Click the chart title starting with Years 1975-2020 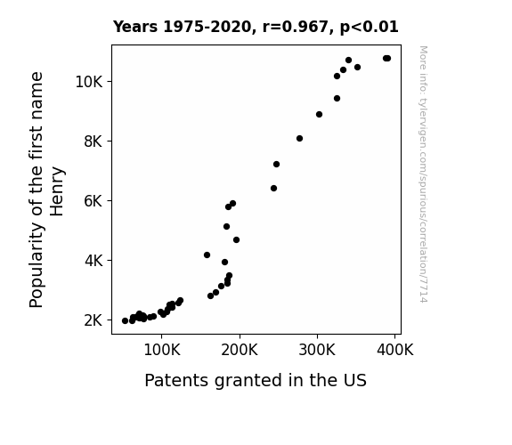point(256,27)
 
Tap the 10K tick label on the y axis point(89,82)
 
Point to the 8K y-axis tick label point(93,142)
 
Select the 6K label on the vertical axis point(93,201)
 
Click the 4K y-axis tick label point(93,261)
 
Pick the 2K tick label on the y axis point(93,320)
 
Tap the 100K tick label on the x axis point(162,350)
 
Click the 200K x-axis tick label point(240,350)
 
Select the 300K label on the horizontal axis point(317,350)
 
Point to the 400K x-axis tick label point(394,350)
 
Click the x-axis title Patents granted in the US point(256,381)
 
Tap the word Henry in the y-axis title point(57,191)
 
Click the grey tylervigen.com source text point(423,174)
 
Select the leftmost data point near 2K point(125,321)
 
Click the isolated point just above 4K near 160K point(207,255)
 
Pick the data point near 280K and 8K point(299,139)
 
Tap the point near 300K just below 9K point(319,115)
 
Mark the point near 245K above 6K point(273,189)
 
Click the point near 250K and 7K point(276,165)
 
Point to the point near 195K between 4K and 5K point(236,240)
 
